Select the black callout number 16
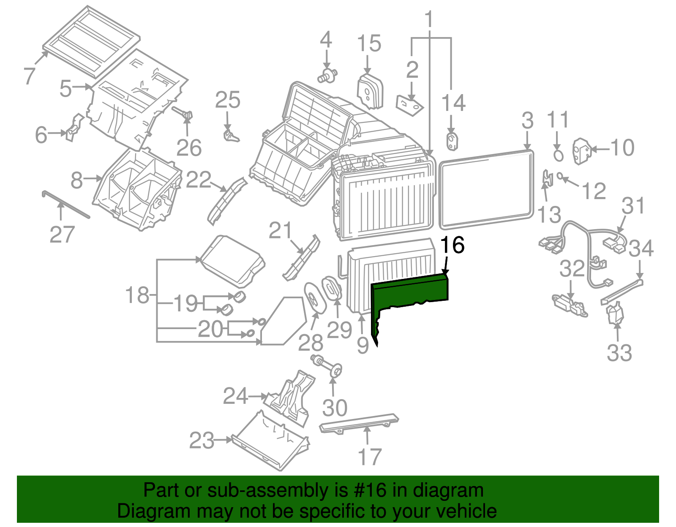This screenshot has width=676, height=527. tap(452, 245)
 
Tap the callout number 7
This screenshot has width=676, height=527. tap(29, 76)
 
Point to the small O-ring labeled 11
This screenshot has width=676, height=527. tap(558, 155)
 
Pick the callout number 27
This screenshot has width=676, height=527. tap(62, 235)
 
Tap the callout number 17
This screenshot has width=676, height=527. tap(370, 457)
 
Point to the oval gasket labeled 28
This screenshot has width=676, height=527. tap(314, 298)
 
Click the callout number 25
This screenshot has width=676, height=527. tap(228, 100)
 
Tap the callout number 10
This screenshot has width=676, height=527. tap(622, 148)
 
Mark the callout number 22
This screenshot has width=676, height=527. tap(199, 180)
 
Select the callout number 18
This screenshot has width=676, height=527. tap(137, 295)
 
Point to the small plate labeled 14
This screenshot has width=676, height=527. tap(452, 141)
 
